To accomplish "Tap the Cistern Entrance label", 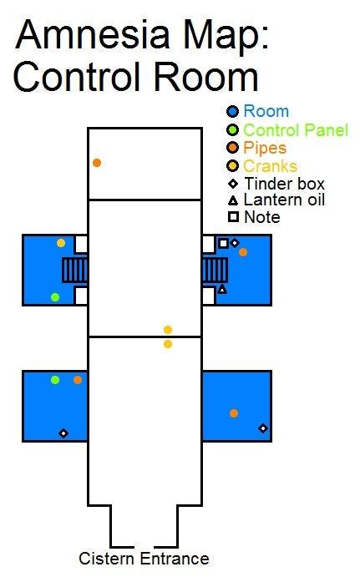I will pos(144,559).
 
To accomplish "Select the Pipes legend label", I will pos(265,148).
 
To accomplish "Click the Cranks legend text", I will pos(270,166).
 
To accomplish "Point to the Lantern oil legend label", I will pos(284,200).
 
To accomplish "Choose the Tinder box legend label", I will pos(284,184).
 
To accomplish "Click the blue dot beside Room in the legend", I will pos(233,112).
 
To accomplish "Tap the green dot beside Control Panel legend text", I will pos(233,129).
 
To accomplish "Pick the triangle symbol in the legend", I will pos(233,200).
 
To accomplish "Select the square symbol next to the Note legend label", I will pos(233,217).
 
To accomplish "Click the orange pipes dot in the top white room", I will pos(97,163).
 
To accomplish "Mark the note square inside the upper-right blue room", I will pos(223,243).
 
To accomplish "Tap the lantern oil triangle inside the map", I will pos(222,289).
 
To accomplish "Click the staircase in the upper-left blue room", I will pos(75,271).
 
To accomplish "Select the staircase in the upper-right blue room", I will pos(215,271).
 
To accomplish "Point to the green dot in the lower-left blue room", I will pos(55,380).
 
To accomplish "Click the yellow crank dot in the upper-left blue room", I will pos(61,243).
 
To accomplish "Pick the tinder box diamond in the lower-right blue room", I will pos(263,428).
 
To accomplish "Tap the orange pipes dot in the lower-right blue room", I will pos(234,413).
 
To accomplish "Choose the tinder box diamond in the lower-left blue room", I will pos(63,433).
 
